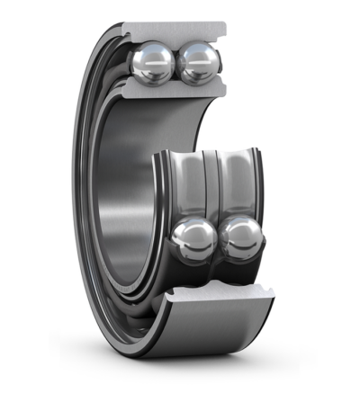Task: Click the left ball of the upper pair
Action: coord(151,62)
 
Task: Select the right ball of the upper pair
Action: coord(198,62)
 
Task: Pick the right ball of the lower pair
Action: coord(240,239)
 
